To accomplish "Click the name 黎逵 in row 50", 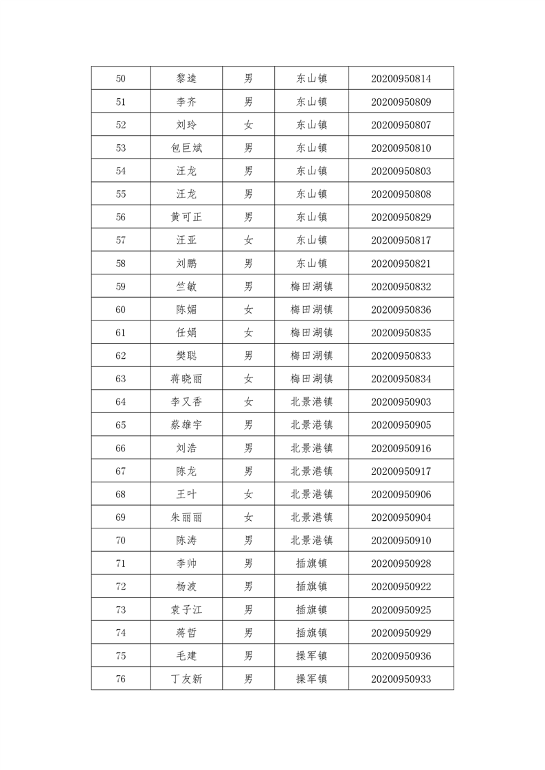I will tap(186, 79).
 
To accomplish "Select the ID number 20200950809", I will tap(401, 102).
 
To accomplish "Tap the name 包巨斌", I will tap(186, 148).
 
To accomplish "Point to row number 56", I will tap(121, 218).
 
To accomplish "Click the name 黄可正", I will tap(186, 218).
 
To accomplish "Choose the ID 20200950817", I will tap(401, 240).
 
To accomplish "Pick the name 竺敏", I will tap(186, 287).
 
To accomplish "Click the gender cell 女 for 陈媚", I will tap(249, 310).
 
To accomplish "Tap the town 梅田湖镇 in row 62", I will tap(311, 355).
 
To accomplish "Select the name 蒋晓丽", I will tap(186, 379).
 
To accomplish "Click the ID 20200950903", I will tap(401, 402).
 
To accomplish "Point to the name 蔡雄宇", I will tap(186, 425).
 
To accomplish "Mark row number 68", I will tap(121, 494).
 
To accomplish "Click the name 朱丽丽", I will tap(186, 517).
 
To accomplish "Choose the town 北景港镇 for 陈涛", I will tap(311, 540).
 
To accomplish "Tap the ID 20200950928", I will tap(401, 563).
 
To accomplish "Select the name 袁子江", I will tap(186, 609).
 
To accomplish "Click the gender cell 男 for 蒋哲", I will tap(249, 633).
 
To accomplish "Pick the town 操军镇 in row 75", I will tap(311, 655).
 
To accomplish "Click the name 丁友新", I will tap(186, 679).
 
